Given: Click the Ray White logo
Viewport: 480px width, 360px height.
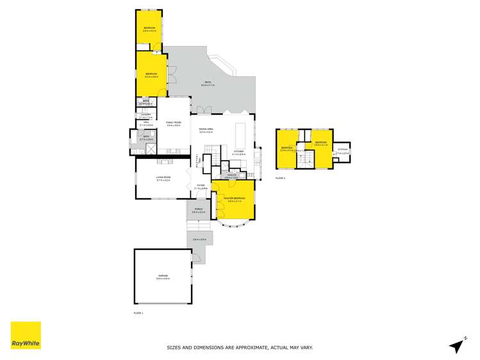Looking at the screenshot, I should pyautogui.click(x=26, y=335).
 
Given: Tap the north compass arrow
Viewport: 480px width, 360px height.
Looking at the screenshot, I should pyautogui.click(x=456, y=345).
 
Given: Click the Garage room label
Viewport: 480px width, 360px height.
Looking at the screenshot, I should pyautogui.click(x=163, y=277).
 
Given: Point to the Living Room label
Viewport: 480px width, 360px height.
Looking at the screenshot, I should pyautogui.click(x=163, y=179).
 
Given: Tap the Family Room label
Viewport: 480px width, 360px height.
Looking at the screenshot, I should pyautogui.click(x=173, y=123).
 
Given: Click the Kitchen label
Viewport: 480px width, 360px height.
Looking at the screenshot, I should pyautogui.click(x=239, y=152).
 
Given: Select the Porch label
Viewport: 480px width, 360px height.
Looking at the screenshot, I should pyautogui.click(x=198, y=210).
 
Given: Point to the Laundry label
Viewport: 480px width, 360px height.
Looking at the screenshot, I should pyautogui.click(x=145, y=115).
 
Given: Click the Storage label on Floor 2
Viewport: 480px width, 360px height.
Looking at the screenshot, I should pyautogui.click(x=343, y=150).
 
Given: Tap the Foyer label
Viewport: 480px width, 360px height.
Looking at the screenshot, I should pyautogui.click(x=201, y=188).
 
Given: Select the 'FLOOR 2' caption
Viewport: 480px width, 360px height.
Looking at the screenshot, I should pyautogui.click(x=280, y=177).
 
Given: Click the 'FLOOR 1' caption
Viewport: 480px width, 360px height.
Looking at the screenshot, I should pyautogui.click(x=138, y=313).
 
